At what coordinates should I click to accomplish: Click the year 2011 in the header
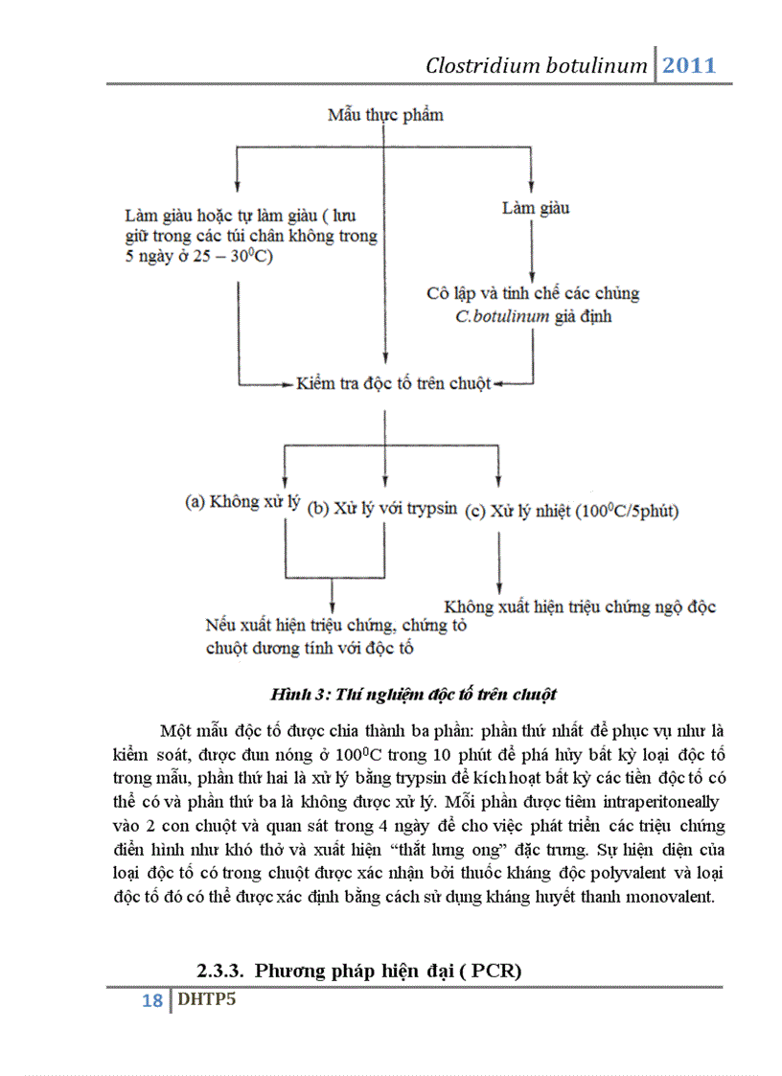tap(689, 65)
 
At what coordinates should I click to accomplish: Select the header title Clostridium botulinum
tap(538, 66)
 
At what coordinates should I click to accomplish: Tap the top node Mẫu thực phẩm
tap(385, 115)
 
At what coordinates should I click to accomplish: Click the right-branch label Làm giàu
tap(536, 207)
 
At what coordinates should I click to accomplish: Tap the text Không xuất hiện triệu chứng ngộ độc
tap(580, 607)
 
